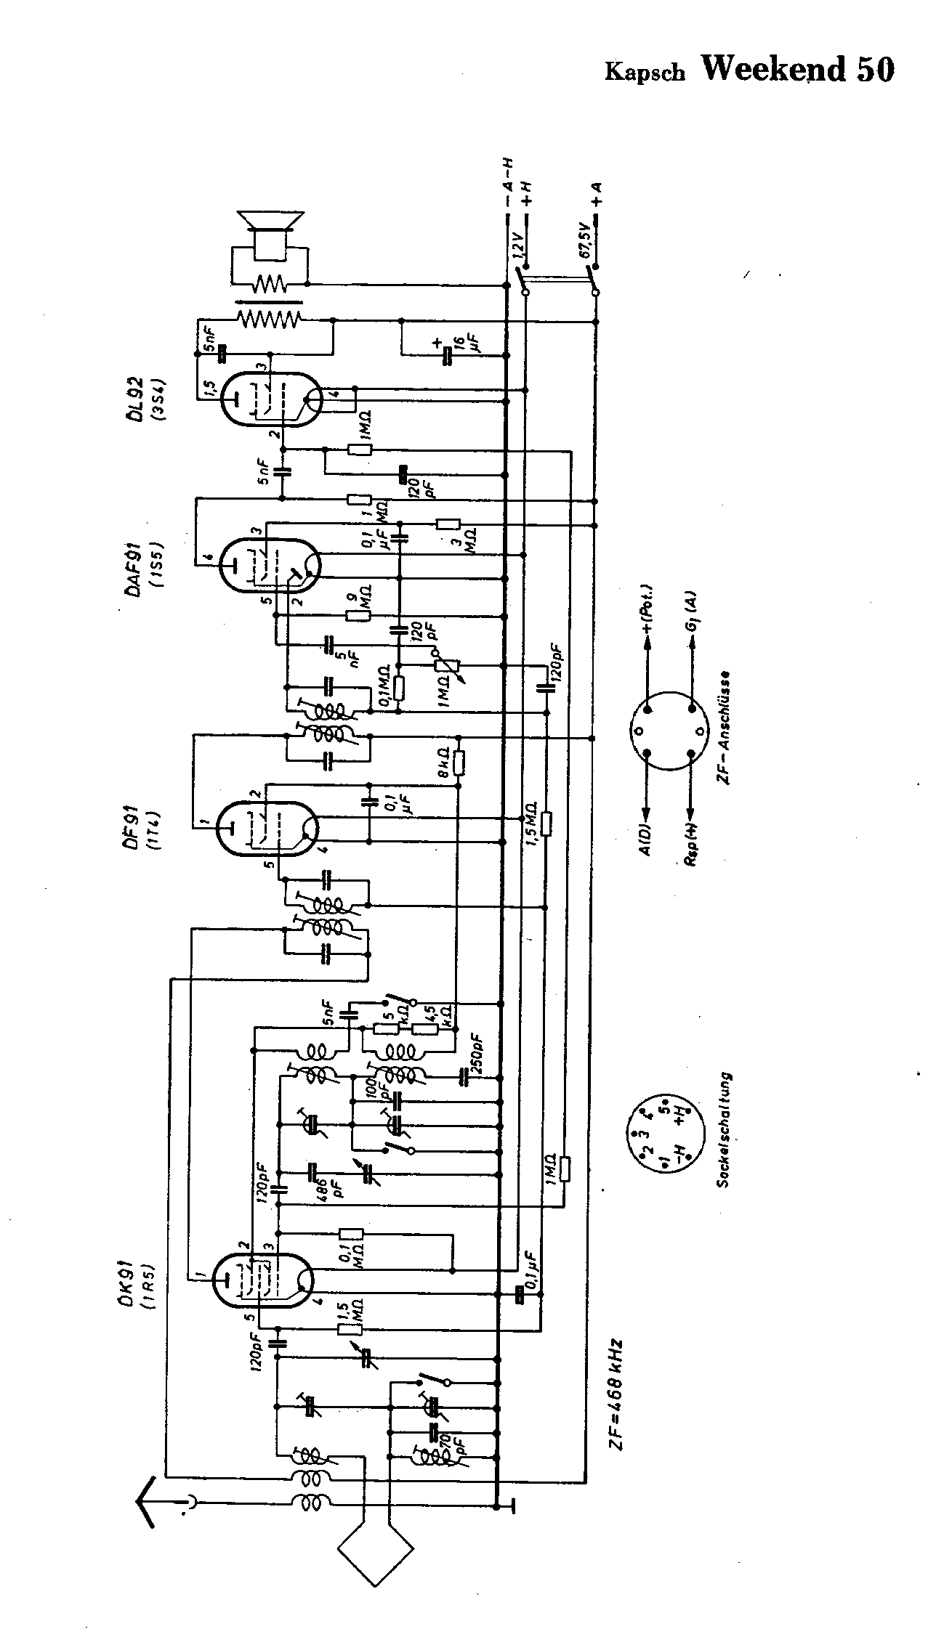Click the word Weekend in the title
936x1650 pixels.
click(x=774, y=69)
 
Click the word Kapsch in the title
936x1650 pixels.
click(x=645, y=73)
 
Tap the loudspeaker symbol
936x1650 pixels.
click(x=271, y=232)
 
